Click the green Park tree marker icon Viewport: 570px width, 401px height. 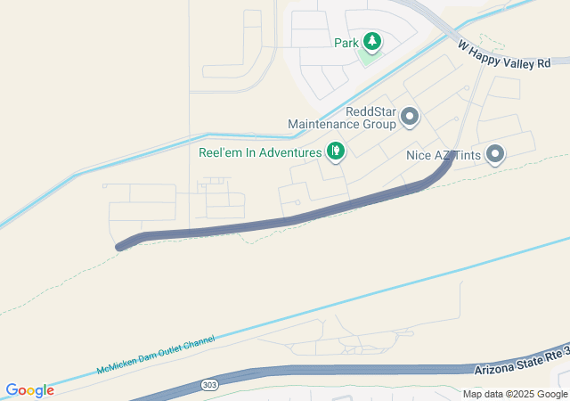click(x=370, y=41)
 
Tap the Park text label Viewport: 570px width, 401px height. click(x=346, y=43)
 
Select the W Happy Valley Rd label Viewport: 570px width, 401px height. click(x=504, y=54)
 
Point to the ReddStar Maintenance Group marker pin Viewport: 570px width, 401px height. click(x=410, y=116)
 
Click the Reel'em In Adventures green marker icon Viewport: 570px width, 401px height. click(x=336, y=151)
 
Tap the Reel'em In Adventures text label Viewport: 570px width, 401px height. click(x=259, y=152)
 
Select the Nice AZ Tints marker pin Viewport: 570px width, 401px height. click(x=494, y=155)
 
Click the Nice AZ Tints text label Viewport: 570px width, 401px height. click(x=444, y=155)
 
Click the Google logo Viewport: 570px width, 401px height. click(x=29, y=390)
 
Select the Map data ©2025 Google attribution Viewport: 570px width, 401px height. click(x=515, y=394)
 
